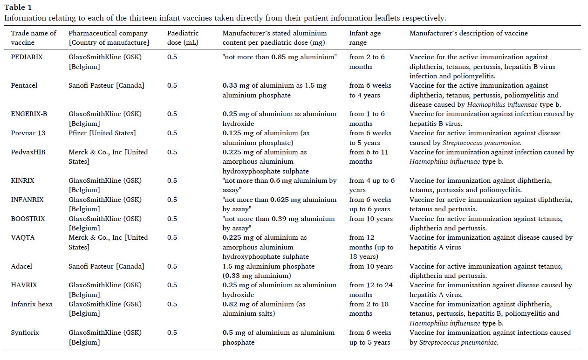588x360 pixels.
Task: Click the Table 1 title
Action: click(19, 7)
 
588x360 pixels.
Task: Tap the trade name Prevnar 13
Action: click(28, 133)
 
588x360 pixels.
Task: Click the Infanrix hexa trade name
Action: click(32, 304)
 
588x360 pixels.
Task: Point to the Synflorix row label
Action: click(25, 333)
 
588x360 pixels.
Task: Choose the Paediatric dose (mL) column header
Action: click(183, 38)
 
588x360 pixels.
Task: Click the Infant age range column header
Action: click(365, 38)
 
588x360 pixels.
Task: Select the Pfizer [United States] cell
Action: click(102, 133)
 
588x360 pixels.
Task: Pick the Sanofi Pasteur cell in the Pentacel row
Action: click(106, 86)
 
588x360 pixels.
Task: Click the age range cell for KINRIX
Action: click(372, 185)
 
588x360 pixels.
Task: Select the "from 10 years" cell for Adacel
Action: click(371, 267)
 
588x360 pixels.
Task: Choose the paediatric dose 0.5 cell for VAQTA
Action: click(172, 238)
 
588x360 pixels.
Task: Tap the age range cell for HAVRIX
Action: click(371, 290)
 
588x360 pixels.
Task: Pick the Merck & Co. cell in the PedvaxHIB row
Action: click(108, 157)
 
